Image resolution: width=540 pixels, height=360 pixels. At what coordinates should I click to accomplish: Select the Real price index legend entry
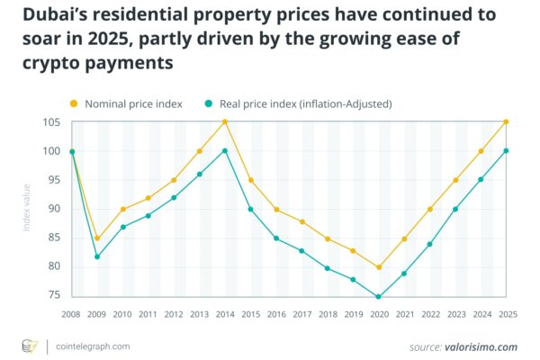tap(305, 104)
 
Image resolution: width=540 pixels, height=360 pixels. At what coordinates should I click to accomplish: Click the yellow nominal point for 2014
tap(225, 122)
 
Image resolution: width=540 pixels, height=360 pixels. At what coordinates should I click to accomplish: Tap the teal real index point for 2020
tap(379, 296)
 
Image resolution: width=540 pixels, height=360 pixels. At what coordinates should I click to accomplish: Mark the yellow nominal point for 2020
tap(379, 267)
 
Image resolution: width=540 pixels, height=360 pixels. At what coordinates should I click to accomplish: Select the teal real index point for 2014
tap(225, 151)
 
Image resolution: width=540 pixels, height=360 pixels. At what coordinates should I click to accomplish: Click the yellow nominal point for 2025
tap(507, 122)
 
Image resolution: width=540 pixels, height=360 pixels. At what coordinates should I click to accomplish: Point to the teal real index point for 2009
tap(97, 256)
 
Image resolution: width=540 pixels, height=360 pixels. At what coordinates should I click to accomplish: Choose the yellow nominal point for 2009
tap(97, 238)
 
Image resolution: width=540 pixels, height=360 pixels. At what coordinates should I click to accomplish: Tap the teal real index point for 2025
tap(507, 151)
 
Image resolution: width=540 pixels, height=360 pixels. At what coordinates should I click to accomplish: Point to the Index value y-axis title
tap(27, 209)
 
